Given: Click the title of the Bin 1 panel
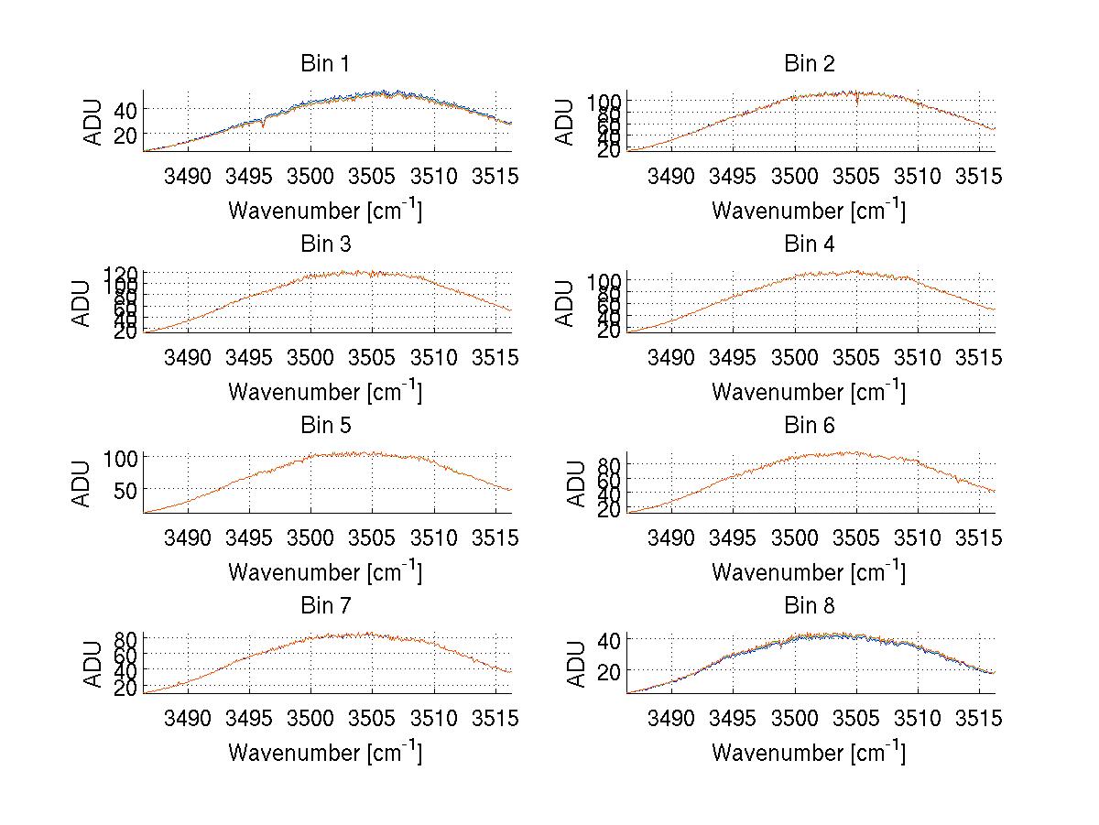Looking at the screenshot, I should click(x=325, y=64).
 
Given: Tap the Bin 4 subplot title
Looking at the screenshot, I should click(x=810, y=244).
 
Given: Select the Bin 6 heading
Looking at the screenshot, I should click(x=810, y=425).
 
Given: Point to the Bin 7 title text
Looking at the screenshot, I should click(x=325, y=605).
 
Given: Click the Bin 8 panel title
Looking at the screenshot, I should click(x=810, y=605).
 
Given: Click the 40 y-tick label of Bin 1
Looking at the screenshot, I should click(x=125, y=110).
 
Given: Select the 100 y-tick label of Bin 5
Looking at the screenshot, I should click(x=120, y=457).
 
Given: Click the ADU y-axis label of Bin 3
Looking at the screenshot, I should click(x=82, y=302).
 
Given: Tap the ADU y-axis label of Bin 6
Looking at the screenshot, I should click(x=576, y=483).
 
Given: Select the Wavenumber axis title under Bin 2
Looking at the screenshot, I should click(x=809, y=211).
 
